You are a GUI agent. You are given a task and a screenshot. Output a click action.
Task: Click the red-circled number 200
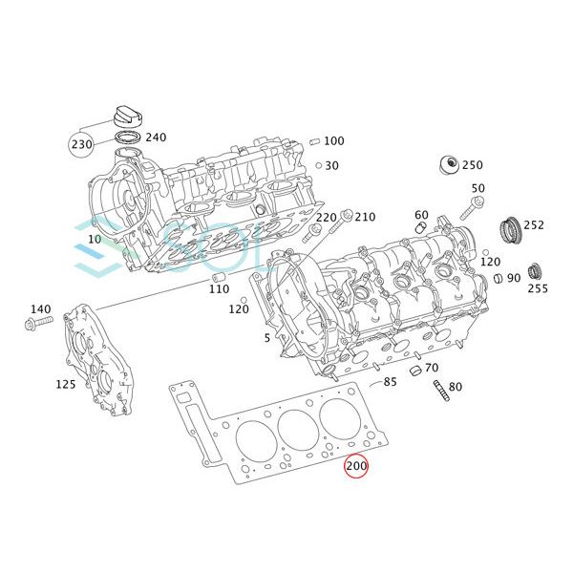(x=356, y=467)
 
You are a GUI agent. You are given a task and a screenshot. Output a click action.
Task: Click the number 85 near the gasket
(x=390, y=382)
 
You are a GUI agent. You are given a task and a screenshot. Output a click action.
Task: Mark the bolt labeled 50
(x=474, y=207)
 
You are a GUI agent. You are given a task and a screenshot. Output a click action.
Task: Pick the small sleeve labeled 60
(x=421, y=229)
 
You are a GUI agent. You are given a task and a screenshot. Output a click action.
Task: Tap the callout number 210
(x=365, y=217)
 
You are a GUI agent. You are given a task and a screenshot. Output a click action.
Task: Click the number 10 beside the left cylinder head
(x=94, y=238)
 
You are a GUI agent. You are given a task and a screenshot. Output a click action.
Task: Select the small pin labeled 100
(x=313, y=141)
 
